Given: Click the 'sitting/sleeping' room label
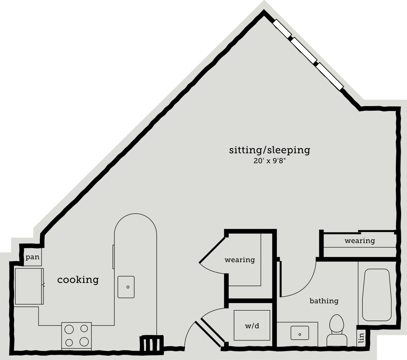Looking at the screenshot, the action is coord(269,150).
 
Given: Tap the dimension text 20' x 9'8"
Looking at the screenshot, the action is coord(270,161).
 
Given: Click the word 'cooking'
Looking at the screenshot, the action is coord(78,280).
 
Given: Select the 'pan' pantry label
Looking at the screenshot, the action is coord(32,257).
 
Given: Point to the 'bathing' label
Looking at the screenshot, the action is coord(324,301).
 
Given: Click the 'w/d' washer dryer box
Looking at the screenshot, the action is coord(252,326).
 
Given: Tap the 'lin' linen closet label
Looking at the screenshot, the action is coord(361,338).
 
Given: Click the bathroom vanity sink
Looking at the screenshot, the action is coord(300,333).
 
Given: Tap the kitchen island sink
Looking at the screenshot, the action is coord(126,287).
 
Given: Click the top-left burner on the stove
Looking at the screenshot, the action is coord(69,328).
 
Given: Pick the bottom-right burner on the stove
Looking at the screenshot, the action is coord(84,342).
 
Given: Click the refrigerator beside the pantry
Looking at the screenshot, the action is coord(29,286).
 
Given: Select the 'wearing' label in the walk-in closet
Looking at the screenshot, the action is coord(240,260).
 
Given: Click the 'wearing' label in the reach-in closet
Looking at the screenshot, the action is coord(360,241).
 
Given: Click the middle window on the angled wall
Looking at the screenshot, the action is coord(304,50).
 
